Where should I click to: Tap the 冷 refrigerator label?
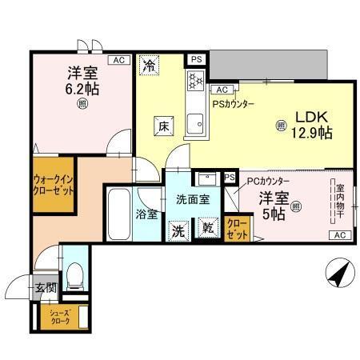coord(149,66)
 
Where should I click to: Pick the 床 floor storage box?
coord(162,125)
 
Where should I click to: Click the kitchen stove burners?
coord(194,80)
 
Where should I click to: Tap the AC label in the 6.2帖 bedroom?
coord(118,60)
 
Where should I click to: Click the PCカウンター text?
coord(268,182)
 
